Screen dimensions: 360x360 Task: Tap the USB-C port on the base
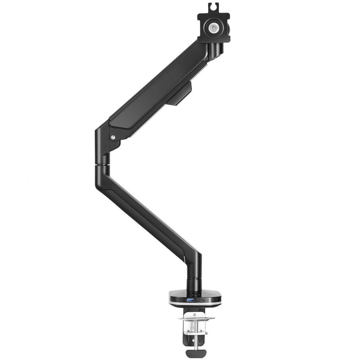coord(203,300)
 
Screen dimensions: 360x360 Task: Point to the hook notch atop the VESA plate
coord(213,6)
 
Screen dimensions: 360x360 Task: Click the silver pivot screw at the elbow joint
coord(113,137)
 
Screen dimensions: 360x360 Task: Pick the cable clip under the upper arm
coord(179,94)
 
